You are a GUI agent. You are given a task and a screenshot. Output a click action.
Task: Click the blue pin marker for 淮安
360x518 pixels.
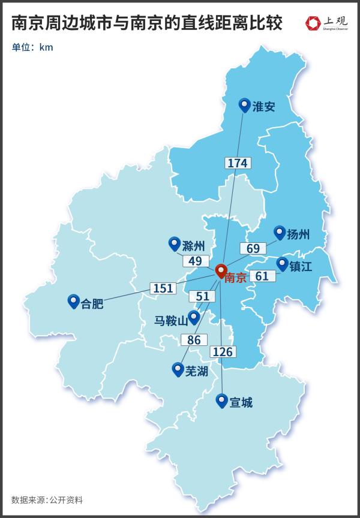pos(244,106)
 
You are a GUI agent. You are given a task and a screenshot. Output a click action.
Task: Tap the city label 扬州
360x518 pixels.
pos(298,234)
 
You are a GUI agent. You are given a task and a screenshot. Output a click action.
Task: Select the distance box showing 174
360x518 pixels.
pos(238,162)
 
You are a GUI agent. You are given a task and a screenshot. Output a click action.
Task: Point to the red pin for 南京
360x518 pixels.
pos(220,271)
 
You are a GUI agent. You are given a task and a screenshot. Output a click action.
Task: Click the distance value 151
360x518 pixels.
pos(163,288)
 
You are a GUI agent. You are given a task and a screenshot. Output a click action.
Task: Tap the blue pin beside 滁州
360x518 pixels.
pos(175,243)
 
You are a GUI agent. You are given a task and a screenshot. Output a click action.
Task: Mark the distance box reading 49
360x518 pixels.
pos(195,261)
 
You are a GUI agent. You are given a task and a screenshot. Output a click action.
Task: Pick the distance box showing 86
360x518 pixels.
pos(193,340)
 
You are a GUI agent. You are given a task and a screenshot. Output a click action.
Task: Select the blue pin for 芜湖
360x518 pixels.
pos(178,369)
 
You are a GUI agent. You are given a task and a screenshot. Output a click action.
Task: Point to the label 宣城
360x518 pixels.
pos(241,402)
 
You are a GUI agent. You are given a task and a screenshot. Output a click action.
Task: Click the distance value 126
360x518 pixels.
pos(222,352)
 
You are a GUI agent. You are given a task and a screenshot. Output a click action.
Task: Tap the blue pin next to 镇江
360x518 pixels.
pos(282,264)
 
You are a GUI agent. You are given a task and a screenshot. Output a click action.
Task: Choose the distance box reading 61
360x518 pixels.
pos(262,276)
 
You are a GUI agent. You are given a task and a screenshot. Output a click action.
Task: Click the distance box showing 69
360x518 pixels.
pos(253,248)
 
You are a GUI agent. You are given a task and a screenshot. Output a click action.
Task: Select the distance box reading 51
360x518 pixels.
pos(202,296)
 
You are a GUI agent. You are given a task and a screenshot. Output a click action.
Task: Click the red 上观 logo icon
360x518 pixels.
pos(313,23)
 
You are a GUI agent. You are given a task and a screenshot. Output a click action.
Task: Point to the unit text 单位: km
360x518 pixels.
pos(32,47)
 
